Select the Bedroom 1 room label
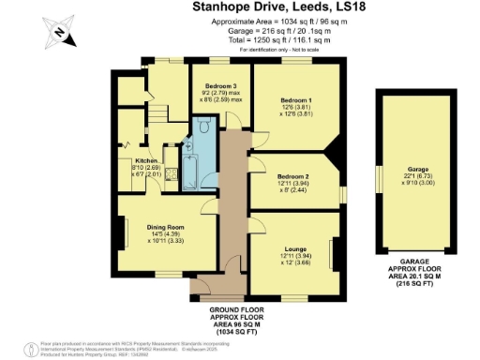pos(296,99)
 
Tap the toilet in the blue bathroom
pos(189,146)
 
